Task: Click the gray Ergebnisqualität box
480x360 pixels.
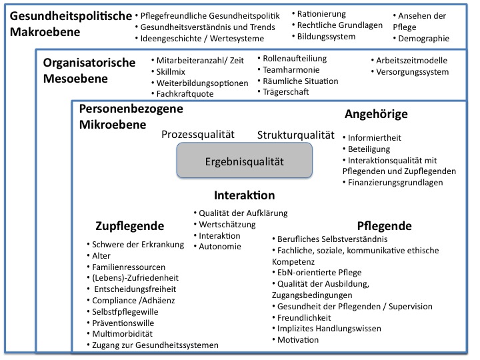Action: coord(244,160)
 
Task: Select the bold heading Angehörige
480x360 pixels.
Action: coord(376,114)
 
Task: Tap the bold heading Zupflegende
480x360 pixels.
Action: coord(130,226)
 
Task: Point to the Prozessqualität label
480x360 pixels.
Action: coord(198,135)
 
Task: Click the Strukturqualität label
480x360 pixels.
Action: coord(296,135)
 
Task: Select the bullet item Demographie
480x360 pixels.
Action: coord(421,39)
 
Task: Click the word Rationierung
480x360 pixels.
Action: coord(321,14)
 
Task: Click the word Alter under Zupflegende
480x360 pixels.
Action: coord(101,255)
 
